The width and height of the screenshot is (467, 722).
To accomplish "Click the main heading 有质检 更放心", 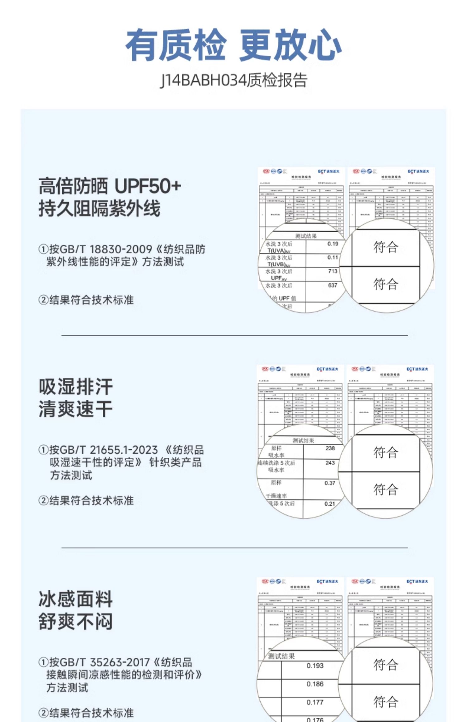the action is tap(233, 45).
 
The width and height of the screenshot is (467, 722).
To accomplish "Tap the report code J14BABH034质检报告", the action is tap(233, 80).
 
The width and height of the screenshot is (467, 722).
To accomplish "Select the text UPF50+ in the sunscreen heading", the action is tap(148, 186).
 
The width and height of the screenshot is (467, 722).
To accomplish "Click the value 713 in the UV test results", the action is tap(333, 271).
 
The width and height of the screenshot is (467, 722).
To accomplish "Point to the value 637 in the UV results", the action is tap(333, 285).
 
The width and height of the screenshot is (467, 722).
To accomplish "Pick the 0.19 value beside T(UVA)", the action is tap(333, 244).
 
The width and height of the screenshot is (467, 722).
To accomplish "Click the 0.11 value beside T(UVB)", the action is tap(333, 257).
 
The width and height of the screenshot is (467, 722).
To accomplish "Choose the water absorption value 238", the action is tap(330, 448).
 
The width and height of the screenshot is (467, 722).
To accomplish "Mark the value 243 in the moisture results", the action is tap(330, 463).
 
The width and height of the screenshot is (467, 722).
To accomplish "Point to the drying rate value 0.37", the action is tap(330, 483).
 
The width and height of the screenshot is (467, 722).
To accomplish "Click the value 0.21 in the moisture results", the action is tap(329, 504).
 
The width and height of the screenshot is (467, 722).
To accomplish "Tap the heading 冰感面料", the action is tap(76, 599).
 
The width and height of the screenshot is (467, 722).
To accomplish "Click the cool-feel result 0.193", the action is tap(315, 666).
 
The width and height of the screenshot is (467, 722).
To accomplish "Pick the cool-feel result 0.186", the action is tap(315, 684).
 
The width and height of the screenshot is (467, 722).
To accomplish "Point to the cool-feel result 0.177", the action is tap(315, 702).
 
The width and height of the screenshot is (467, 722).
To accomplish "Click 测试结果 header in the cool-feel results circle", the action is tap(281, 656).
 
